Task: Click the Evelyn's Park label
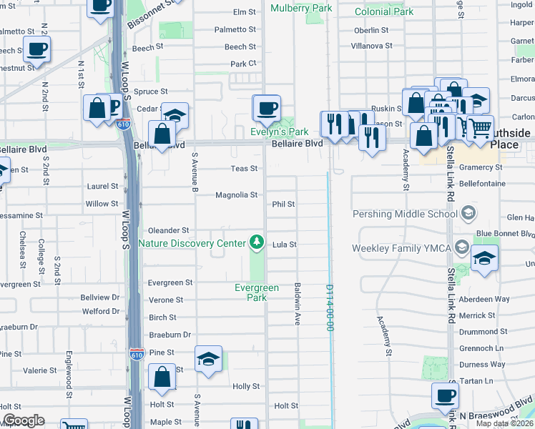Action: click(278, 132)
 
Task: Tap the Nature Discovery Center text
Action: click(191, 243)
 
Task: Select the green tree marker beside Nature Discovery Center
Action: click(256, 243)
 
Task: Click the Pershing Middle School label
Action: click(405, 214)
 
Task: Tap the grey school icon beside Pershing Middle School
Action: click(468, 212)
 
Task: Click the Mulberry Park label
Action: click(301, 9)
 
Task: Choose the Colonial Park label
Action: click(384, 11)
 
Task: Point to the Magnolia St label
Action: click(236, 194)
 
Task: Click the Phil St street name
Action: click(283, 204)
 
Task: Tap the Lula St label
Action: click(284, 245)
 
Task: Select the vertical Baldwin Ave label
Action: click(296, 304)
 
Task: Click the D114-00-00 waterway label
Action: click(330, 308)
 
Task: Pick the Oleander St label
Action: click(168, 230)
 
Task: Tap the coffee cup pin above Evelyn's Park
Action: click(267, 108)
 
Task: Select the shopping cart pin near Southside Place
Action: click(480, 127)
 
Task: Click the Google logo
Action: click(24, 420)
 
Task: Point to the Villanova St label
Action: click(371, 45)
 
